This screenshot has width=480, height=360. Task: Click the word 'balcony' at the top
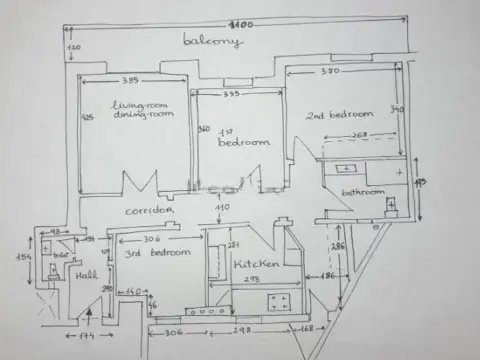tap(212, 41)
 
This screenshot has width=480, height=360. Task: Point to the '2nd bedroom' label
tap(339, 113)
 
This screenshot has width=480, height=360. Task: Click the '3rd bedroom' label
tap(157, 252)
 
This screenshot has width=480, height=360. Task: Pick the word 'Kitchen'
tap(254, 263)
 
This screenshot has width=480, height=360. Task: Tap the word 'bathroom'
tap(362, 191)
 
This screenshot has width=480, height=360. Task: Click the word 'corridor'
tap(149, 211)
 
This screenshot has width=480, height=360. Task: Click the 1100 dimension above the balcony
tap(238, 22)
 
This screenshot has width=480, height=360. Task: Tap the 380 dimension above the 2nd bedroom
tap(332, 71)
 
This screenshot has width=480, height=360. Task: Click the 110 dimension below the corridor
tap(222, 207)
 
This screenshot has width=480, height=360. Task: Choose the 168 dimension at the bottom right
tap(306, 329)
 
